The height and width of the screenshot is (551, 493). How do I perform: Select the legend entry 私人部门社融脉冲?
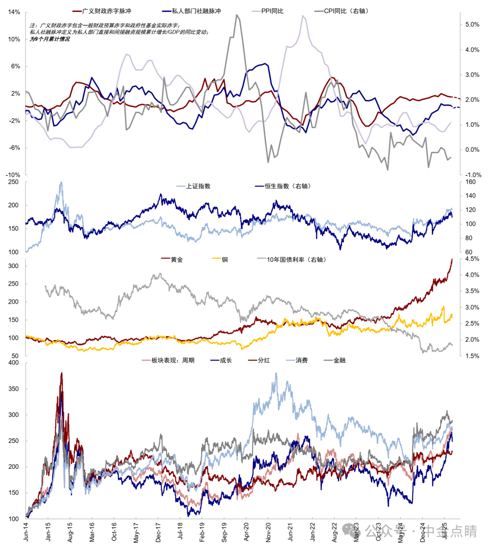coord(196,11)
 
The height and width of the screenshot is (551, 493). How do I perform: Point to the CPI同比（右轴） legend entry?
coord(346,11)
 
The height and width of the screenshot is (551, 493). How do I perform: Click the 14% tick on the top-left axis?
coord(14,12)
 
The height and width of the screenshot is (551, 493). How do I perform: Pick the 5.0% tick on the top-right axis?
coord(472,25)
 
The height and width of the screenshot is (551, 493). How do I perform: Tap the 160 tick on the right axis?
coord(470,182)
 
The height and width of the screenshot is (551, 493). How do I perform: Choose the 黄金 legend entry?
coord(177,260)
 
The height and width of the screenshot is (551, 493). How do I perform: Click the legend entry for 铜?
coord(225,260)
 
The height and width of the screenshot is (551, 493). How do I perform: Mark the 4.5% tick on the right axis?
coord(472,259)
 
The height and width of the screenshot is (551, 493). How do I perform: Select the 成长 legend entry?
coord(226,360)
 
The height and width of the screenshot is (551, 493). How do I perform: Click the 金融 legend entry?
coord(339,360)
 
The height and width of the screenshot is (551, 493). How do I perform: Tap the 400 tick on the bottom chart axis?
coord(14,363)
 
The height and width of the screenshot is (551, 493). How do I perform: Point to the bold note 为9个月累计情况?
coord(50,39)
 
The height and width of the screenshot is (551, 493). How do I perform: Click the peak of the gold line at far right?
coord(451,259)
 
